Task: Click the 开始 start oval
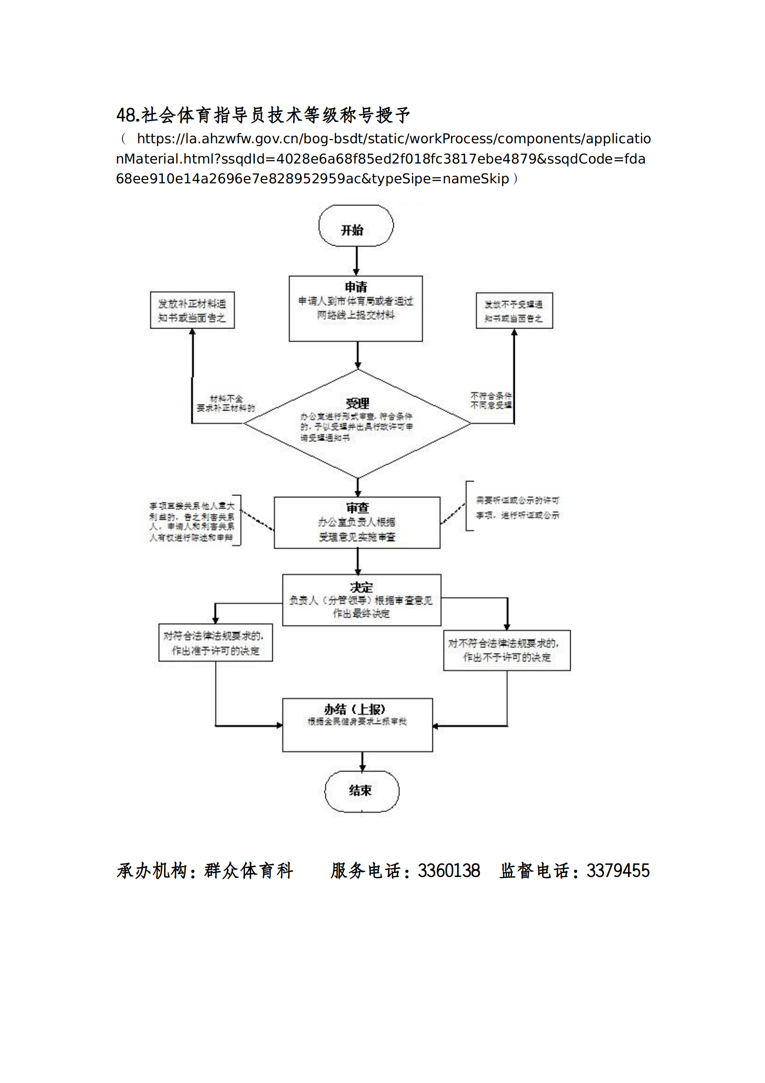tap(356, 226)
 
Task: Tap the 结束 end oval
tap(362, 791)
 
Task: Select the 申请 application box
tap(356, 308)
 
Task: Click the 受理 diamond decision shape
tap(357, 423)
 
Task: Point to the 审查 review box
tap(357, 522)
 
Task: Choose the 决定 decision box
tap(362, 600)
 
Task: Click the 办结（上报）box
tap(357, 725)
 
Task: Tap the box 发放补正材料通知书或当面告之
tap(192, 310)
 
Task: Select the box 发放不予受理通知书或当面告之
tap(514, 311)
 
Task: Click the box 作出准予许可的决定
tap(215, 643)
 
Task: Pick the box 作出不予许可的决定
tap(507, 650)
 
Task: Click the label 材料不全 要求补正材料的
tap(226, 403)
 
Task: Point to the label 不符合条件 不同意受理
tap(491, 400)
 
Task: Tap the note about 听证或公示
tap(517, 507)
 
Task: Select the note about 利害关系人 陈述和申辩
tap(192, 521)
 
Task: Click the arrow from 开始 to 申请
tap(356, 260)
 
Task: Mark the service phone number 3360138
tap(449, 871)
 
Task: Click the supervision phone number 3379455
tap(618, 871)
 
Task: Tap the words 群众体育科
tap(249, 871)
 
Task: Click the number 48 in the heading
tap(126, 115)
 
